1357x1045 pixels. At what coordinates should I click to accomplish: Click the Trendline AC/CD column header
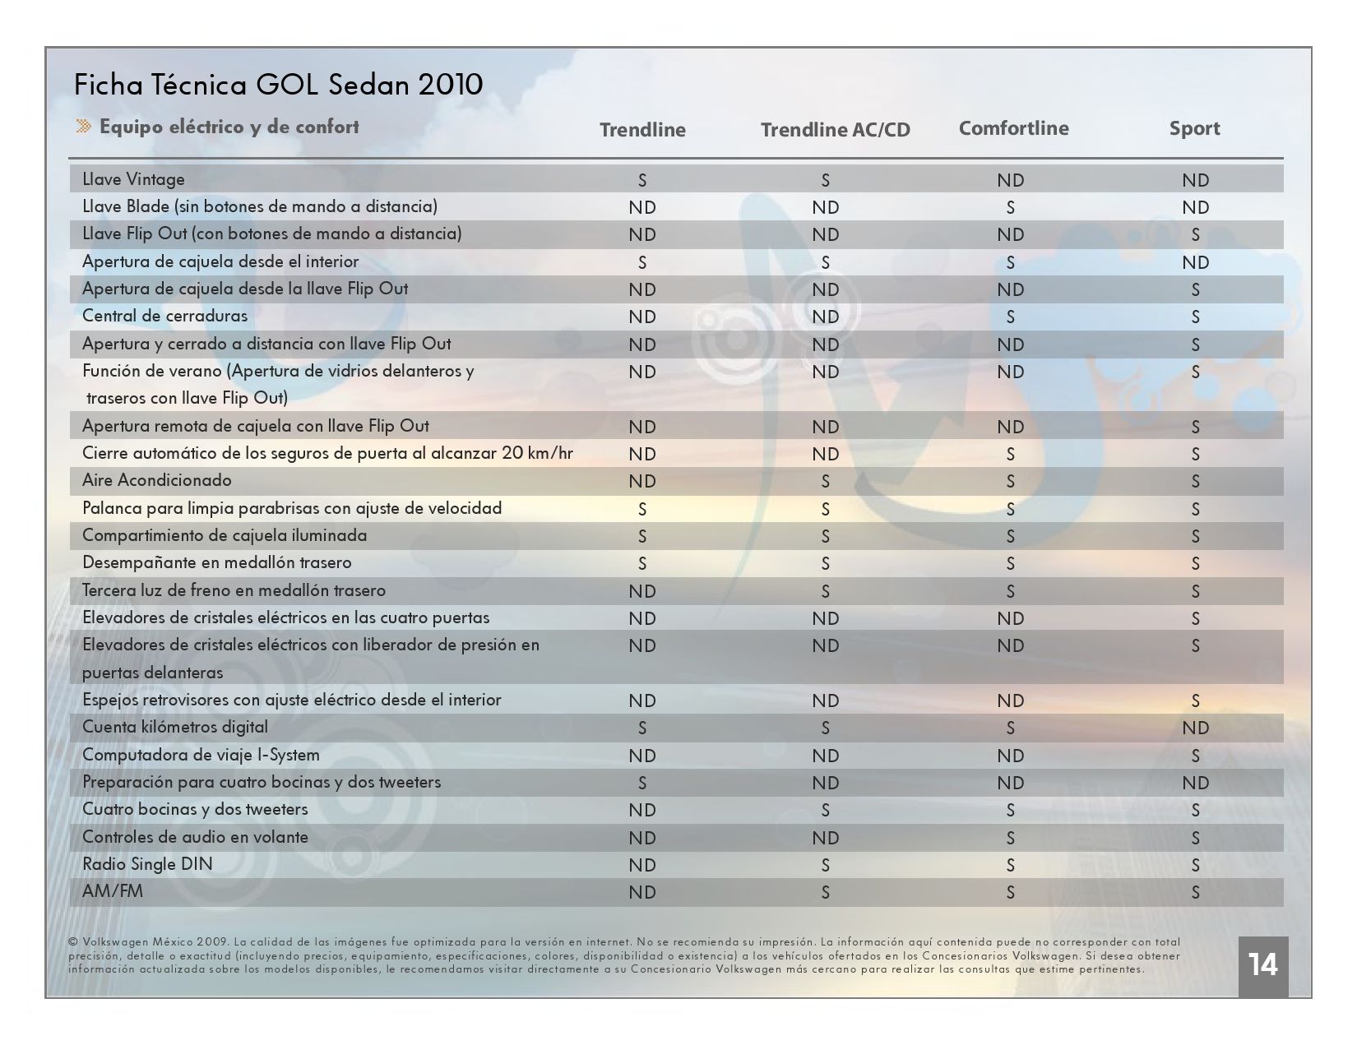(835, 129)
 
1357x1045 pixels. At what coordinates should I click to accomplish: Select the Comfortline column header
(1013, 128)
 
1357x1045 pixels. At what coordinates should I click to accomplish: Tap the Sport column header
(1194, 128)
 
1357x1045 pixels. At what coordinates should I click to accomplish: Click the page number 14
(1262, 964)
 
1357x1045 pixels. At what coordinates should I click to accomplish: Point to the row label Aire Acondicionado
(157, 480)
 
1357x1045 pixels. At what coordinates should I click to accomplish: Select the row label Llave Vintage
(133, 179)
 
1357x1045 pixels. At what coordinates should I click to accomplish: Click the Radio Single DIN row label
(147, 864)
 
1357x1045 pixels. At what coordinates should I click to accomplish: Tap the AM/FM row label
(113, 891)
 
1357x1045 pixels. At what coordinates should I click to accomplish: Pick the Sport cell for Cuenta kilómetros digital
(1195, 728)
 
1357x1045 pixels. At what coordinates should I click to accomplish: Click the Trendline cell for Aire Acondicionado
(642, 481)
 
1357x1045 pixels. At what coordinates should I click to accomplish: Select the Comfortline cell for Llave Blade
(1011, 207)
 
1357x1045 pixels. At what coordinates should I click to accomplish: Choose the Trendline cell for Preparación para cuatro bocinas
(642, 783)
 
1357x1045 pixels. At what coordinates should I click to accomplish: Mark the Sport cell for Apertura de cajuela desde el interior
(1195, 262)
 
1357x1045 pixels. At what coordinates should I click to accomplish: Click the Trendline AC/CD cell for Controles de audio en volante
(826, 838)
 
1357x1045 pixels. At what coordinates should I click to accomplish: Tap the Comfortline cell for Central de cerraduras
(1011, 317)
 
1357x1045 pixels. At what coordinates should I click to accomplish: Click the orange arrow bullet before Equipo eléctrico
(83, 127)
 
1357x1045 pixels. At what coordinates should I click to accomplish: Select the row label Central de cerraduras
(164, 316)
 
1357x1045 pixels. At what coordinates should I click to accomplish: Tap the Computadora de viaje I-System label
(201, 756)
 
